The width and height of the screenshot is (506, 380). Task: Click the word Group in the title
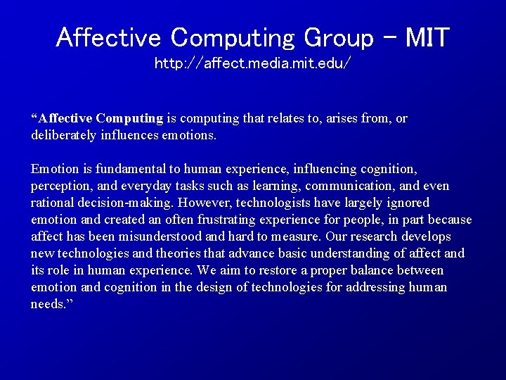338,37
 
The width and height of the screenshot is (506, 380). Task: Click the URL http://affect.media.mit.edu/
252,64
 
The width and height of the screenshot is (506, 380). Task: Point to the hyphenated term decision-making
125,203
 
